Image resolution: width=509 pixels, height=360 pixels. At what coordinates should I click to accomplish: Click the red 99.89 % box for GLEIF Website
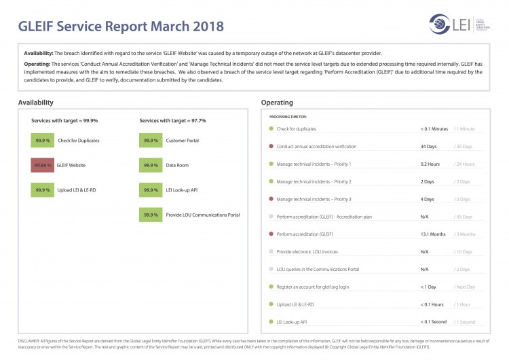point(42,165)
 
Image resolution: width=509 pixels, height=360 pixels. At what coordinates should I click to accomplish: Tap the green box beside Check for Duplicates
point(42,140)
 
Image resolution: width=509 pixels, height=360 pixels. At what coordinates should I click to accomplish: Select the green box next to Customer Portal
point(150,140)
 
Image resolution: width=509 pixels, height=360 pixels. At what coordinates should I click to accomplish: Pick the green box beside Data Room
point(150,165)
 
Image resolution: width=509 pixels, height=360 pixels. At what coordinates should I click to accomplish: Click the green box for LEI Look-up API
point(150,190)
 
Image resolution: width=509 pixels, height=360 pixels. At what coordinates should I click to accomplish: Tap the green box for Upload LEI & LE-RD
point(42,190)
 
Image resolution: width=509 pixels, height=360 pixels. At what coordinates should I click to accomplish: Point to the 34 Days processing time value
point(428,146)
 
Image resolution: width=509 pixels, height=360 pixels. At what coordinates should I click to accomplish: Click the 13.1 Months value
point(433,234)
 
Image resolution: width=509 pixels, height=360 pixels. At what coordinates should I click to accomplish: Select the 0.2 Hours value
point(430,164)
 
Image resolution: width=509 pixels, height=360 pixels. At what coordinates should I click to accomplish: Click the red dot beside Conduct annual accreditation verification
point(271,146)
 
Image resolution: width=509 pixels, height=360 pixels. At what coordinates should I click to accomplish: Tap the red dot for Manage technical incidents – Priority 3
point(271,199)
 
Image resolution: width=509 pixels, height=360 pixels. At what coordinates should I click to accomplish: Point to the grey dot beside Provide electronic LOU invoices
point(271,251)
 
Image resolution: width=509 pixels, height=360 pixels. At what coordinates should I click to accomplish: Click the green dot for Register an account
point(271,287)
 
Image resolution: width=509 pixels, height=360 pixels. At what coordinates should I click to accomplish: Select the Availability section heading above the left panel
point(36,103)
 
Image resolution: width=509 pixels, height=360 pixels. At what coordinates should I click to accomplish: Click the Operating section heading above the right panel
point(277,103)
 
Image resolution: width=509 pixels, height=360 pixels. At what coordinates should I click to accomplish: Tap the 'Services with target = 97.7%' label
point(172,121)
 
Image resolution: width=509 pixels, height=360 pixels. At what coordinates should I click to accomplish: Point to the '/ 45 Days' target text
point(464,217)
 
